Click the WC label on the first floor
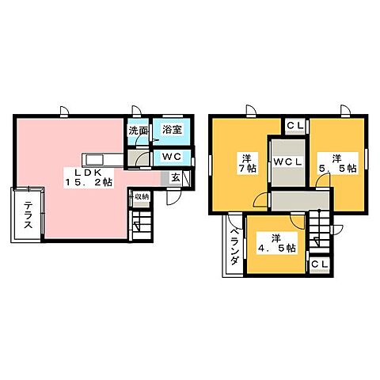pos(173,157)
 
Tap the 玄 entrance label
pos(175,179)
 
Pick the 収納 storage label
pos(141,196)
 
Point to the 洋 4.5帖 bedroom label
pos(274,243)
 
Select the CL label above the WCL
pos(293,125)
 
